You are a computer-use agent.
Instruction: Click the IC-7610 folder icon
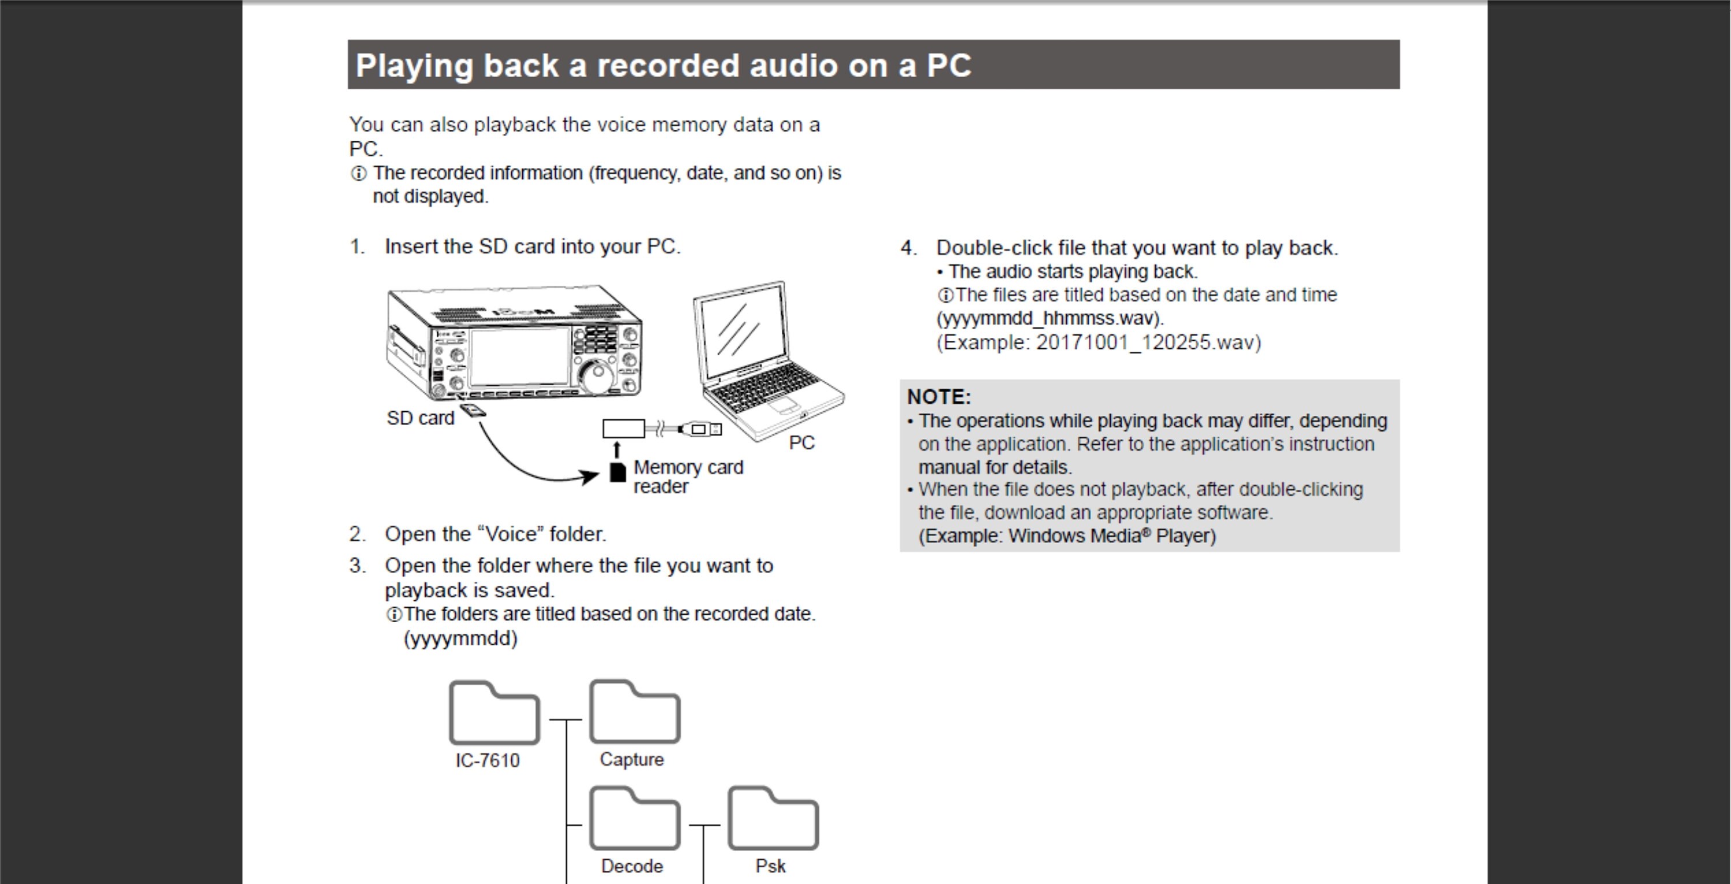click(494, 713)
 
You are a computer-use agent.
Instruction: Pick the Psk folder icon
click(773, 819)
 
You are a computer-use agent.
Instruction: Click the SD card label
click(421, 419)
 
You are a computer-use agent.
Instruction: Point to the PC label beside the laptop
click(801, 443)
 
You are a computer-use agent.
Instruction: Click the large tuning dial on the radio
click(595, 375)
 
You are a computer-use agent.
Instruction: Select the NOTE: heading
click(939, 397)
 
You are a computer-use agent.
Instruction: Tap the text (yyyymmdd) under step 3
click(460, 638)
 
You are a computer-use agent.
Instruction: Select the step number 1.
click(357, 247)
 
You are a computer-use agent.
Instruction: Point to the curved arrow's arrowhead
click(591, 477)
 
